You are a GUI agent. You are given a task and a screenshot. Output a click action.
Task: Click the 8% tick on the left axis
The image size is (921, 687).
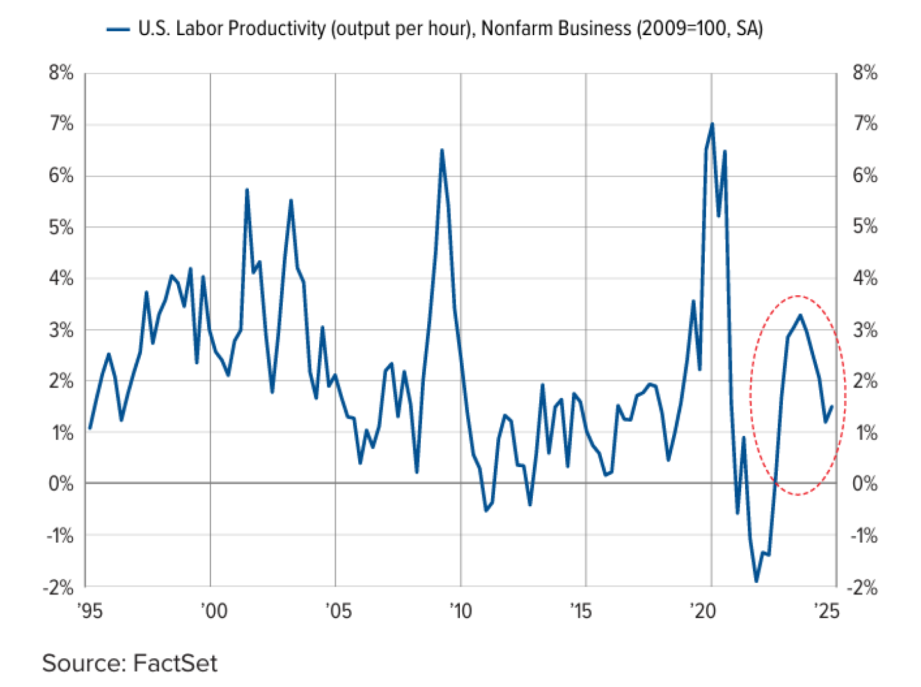(x=61, y=73)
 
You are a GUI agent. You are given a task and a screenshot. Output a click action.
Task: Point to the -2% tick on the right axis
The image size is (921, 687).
(x=862, y=587)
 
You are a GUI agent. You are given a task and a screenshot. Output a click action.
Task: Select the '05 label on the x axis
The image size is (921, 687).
(x=338, y=611)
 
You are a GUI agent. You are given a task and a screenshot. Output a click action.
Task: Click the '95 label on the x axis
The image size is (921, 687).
(x=90, y=611)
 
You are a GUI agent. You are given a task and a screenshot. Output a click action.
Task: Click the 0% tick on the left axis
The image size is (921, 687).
(x=61, y=484)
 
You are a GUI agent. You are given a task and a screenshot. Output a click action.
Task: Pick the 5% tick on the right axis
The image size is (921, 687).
(x=865, y=226)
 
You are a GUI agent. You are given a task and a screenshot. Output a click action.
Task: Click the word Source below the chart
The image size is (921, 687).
(x=84, y=663)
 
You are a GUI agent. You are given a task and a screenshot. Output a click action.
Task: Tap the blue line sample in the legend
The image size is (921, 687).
(x=118, y=29)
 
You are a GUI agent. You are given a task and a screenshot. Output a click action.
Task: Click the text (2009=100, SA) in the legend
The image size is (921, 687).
(x=699, y=29)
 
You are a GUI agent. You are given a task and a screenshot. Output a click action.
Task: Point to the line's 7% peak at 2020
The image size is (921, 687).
(x=712, y=124)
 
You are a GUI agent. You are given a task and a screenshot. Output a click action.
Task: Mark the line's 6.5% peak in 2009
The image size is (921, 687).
(x=441, y=151)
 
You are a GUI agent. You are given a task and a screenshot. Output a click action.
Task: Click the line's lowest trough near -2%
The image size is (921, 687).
(x=756, y=581)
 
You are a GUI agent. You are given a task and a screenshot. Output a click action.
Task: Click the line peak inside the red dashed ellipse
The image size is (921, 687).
(x=800, y=315)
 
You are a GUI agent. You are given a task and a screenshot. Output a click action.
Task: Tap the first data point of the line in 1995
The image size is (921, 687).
(x=90, y=428)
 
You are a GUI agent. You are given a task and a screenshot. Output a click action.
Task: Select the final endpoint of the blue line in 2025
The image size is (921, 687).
(x=831, y=406)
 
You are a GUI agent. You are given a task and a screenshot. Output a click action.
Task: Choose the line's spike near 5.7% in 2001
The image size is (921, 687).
(x=247, y=190)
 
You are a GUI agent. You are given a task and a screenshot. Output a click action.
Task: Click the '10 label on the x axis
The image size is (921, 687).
(x=460, y=611)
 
